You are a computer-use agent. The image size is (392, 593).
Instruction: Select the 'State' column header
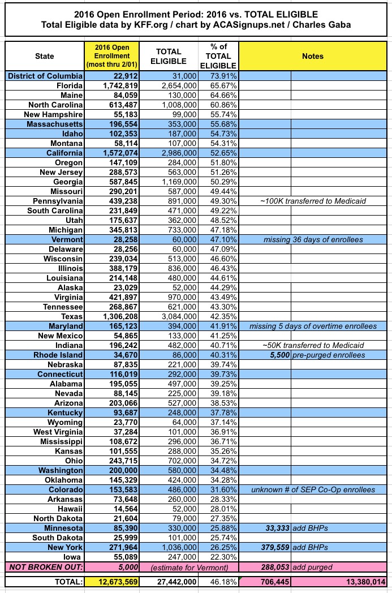pos(44,56)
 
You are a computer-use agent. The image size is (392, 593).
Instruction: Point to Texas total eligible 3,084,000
pos(176,317)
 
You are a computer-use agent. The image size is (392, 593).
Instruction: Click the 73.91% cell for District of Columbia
pos(218,76)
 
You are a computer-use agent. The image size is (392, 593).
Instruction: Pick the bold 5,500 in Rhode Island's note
pos(278,355)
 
